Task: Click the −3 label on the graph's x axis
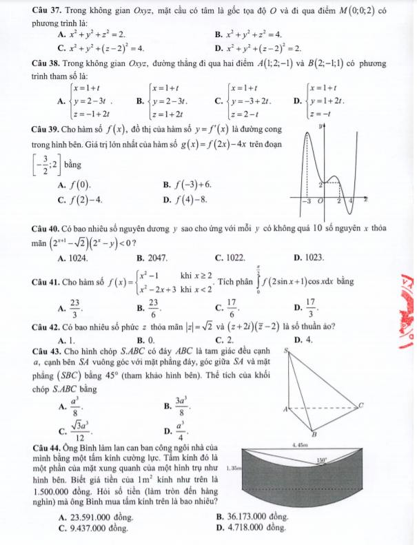tap(307, 200)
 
